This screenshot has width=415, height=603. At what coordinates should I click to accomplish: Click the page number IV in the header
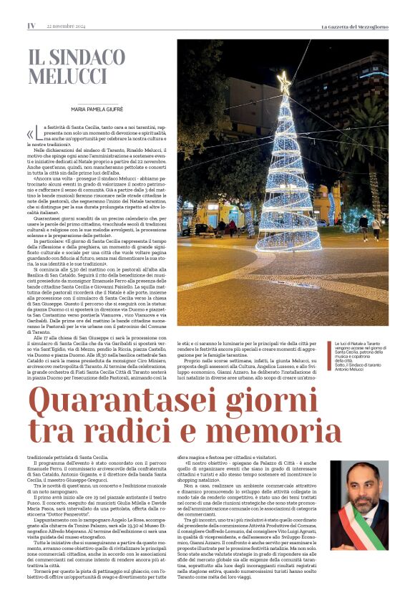(x=31, y=26)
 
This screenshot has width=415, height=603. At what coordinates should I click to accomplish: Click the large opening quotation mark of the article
(x=31, y=135)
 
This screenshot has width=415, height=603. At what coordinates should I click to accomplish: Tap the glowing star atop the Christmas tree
(x=284, y=83)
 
